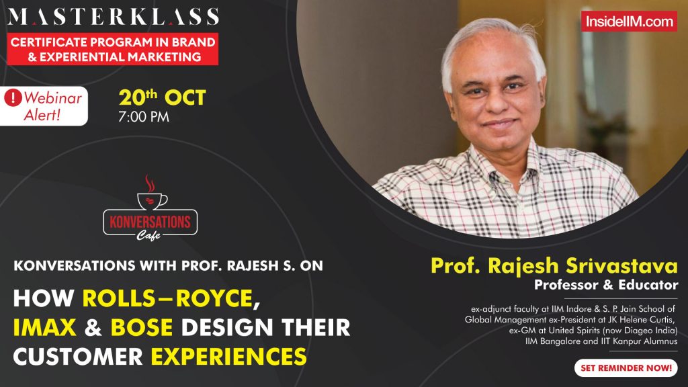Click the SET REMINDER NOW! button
point(625,368)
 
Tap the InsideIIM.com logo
point(629,21)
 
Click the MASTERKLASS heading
point(114,17)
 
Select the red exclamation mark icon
point(13,97)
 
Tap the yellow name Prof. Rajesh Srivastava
point(554,265)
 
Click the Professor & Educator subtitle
point(606,285)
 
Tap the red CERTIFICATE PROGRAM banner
point(114,49)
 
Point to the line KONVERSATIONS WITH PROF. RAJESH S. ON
point(168,265)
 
